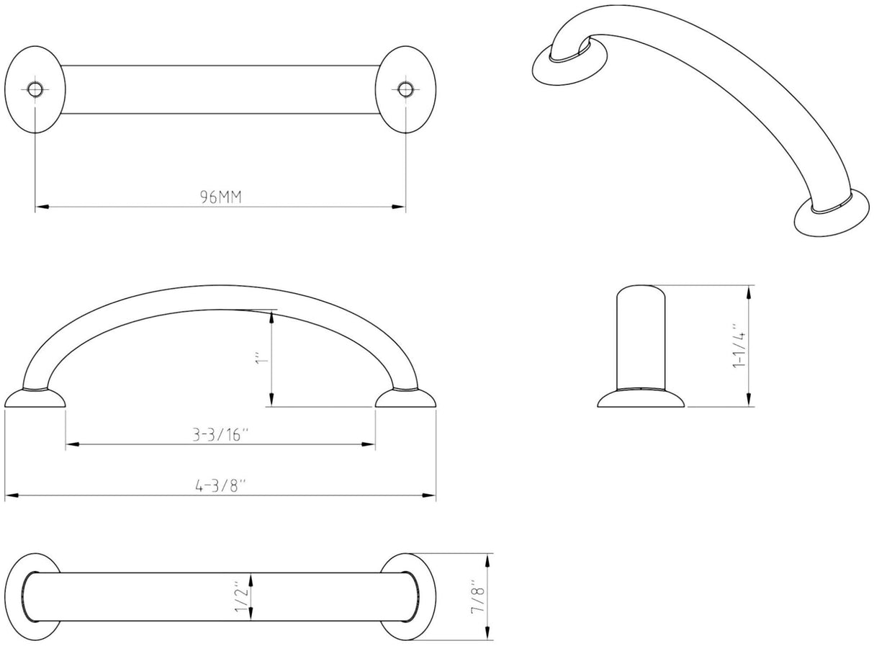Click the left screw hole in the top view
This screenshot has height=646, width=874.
[35, 89]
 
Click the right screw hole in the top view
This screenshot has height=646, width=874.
[405, 89]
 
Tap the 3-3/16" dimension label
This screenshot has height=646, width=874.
[220, 435]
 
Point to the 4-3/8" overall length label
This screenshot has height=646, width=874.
[220, 485]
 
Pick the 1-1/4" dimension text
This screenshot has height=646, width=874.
[736, 346]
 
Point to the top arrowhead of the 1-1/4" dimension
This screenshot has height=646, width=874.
[751, 291]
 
